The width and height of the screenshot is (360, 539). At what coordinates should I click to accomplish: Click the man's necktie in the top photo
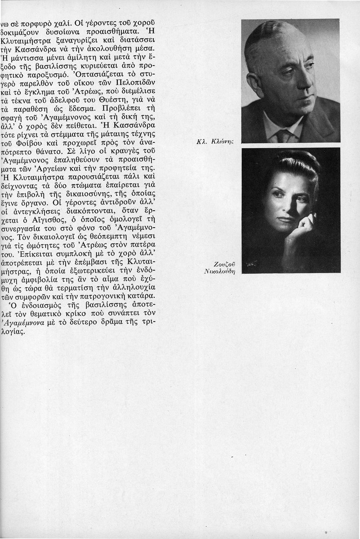tap(284, 135)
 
